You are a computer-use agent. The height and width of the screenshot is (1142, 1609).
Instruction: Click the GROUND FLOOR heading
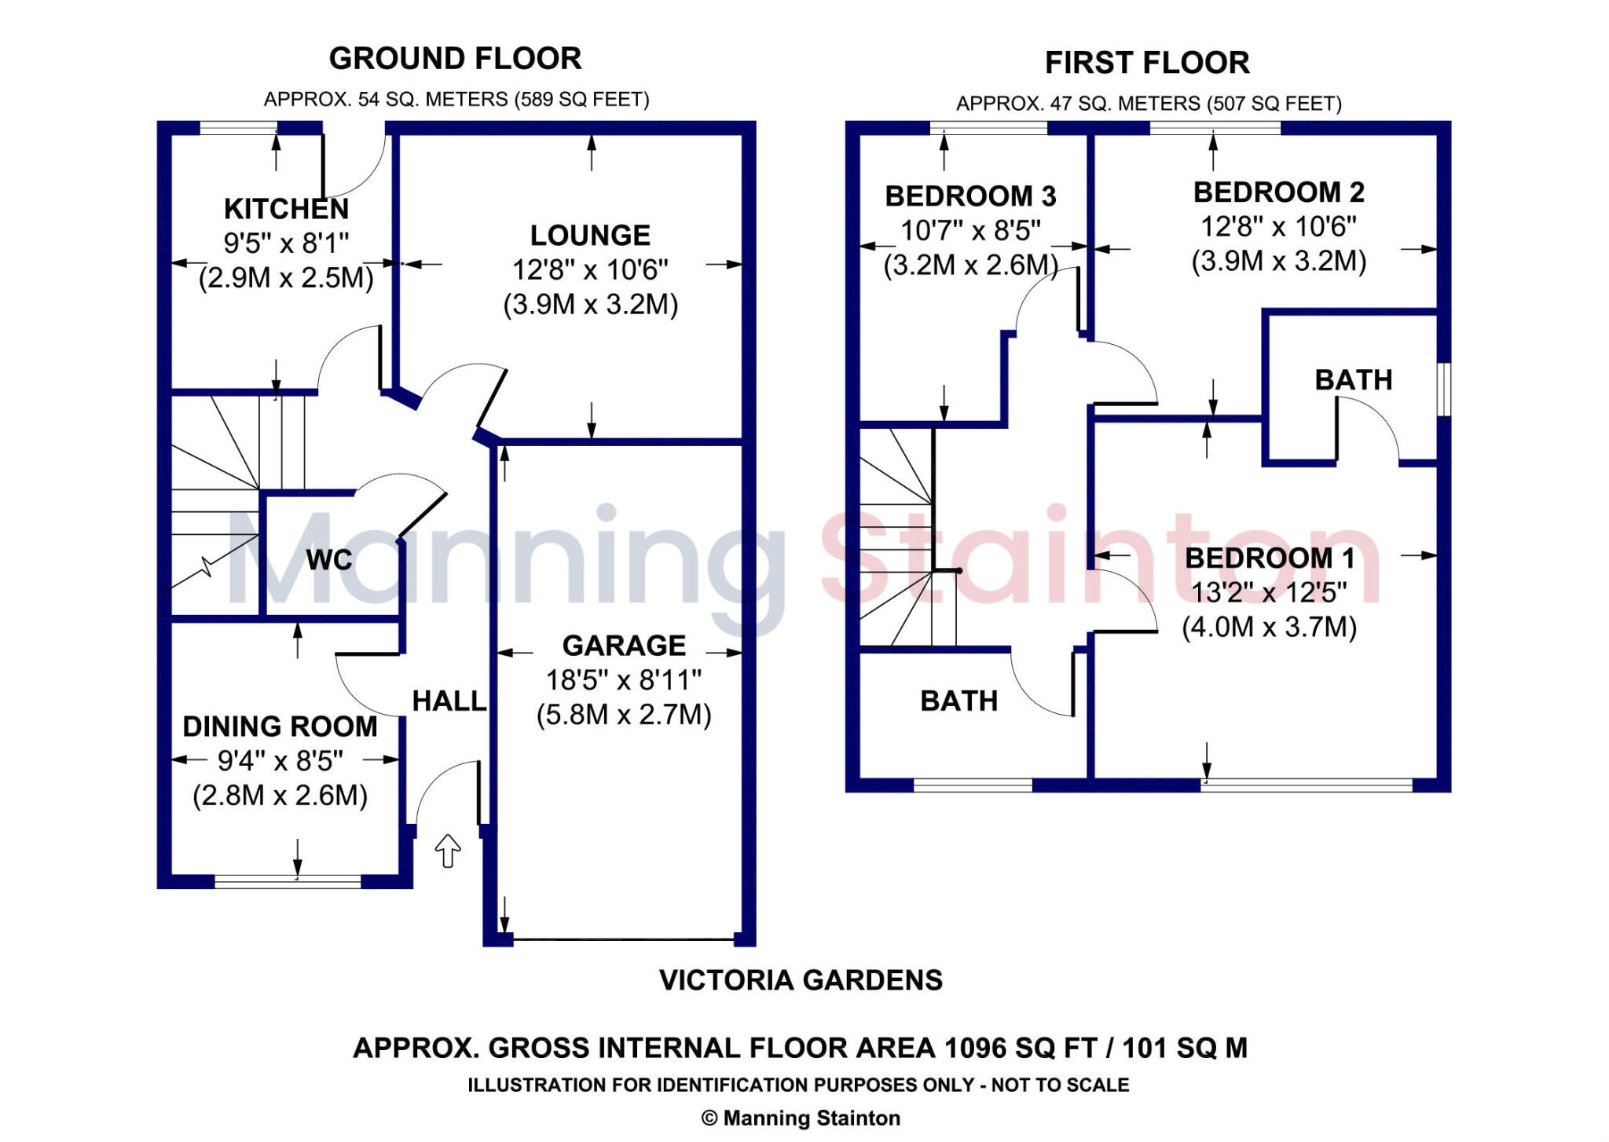click(455, 59)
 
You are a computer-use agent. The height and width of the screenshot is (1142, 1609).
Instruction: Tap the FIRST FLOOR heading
click(1146, 63)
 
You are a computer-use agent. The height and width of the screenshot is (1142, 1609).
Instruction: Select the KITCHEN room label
click(286, 209)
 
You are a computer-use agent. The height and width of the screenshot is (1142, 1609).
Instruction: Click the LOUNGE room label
click(590, 236)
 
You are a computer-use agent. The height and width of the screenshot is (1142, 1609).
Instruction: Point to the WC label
click(329, 560)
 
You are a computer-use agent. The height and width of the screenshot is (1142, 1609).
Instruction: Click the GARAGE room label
click(624, 646)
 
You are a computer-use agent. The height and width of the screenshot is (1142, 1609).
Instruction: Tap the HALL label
click(449, 701)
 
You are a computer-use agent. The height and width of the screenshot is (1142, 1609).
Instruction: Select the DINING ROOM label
click(280, 727)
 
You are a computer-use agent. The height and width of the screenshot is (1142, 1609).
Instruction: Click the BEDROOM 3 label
click(970, 196)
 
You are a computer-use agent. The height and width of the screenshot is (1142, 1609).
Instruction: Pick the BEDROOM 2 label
click(1278, 192)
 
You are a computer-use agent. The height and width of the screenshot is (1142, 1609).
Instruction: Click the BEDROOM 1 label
click(1269, 558)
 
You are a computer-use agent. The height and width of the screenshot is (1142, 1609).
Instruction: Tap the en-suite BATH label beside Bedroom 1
click(1353, 380)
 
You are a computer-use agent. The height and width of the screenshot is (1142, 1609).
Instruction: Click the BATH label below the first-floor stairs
click(958, 701)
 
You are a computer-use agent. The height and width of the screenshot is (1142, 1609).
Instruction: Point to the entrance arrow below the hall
click(448, 851)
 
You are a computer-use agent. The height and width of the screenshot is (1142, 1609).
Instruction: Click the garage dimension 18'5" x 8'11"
click(624, 680)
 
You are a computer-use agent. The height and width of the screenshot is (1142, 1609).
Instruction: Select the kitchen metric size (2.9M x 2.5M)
click(286, 278)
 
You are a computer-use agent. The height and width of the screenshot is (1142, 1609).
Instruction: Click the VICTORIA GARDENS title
click(801, 980)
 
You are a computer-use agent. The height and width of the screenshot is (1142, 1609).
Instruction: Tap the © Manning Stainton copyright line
click(801, 1118)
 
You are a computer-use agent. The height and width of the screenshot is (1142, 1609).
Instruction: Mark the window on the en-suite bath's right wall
click(1444, 389)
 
